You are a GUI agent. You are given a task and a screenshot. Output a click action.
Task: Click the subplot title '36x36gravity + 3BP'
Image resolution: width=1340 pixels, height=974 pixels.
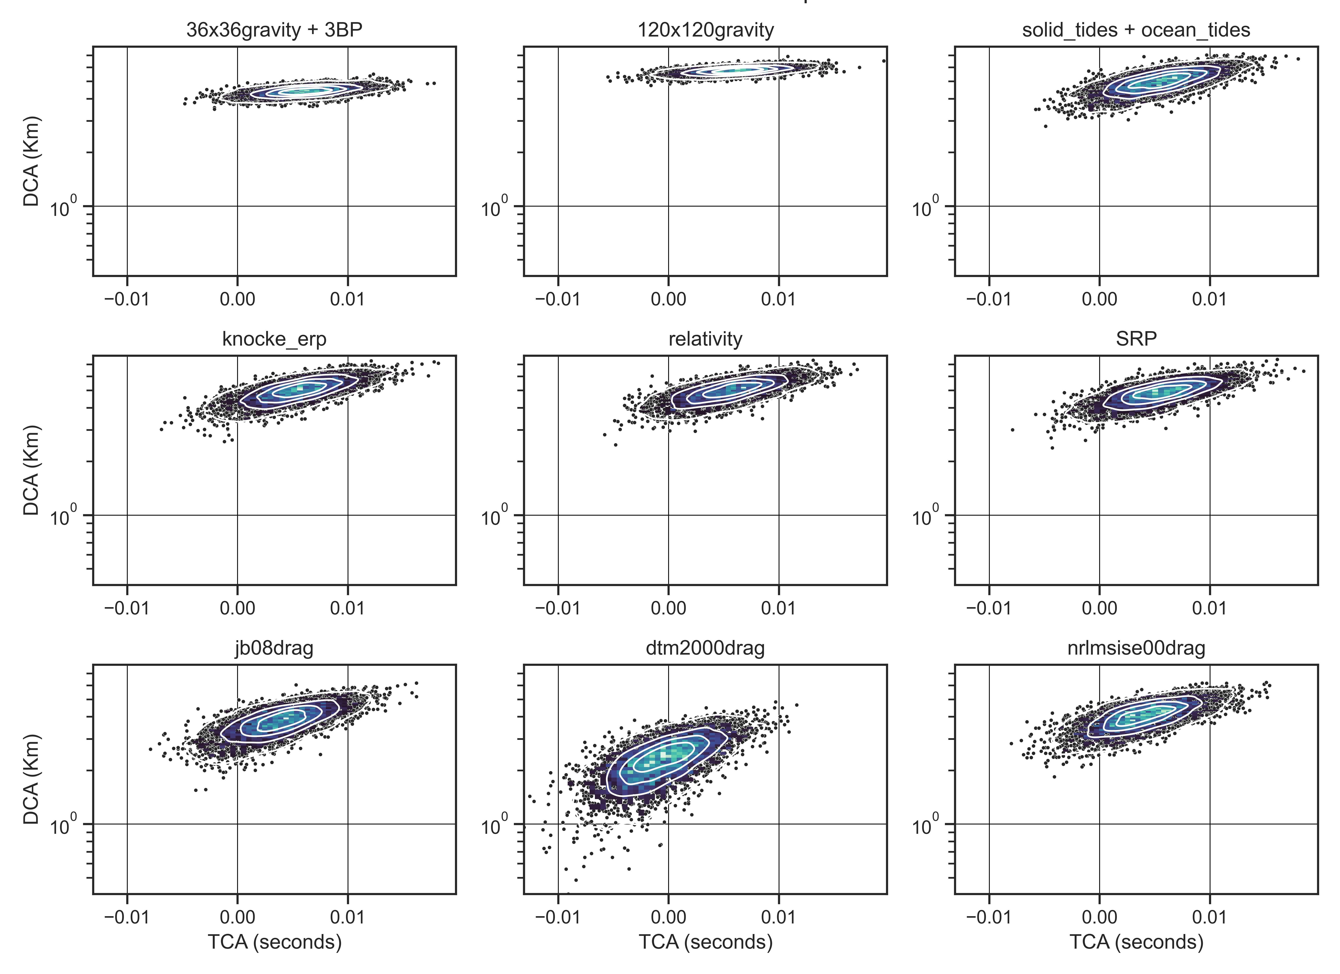274,30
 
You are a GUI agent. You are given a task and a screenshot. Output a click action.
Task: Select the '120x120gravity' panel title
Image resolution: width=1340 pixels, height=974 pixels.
706,30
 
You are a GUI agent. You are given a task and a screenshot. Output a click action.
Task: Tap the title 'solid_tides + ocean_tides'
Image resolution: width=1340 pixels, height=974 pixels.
1136,30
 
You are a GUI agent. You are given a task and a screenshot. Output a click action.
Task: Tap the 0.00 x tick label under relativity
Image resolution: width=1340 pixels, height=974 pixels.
668,608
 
